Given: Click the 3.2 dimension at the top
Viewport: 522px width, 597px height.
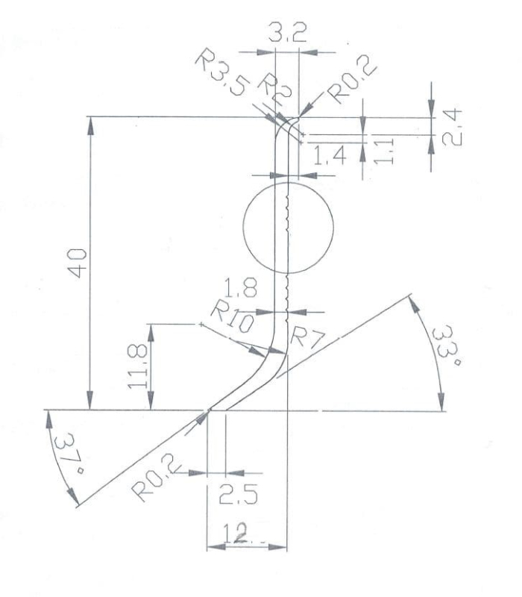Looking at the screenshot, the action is [287, 32].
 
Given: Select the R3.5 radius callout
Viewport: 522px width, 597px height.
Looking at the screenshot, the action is [222, 72].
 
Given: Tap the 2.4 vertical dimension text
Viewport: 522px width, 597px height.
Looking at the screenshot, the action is [452, 128].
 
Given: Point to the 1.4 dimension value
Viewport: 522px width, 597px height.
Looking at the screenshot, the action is [330, 155].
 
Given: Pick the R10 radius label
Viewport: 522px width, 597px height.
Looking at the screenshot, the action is [232, 316].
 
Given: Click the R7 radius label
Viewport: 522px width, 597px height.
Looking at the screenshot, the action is [307, 338].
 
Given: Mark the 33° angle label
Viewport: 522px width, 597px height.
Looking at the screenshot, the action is [446, 346].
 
